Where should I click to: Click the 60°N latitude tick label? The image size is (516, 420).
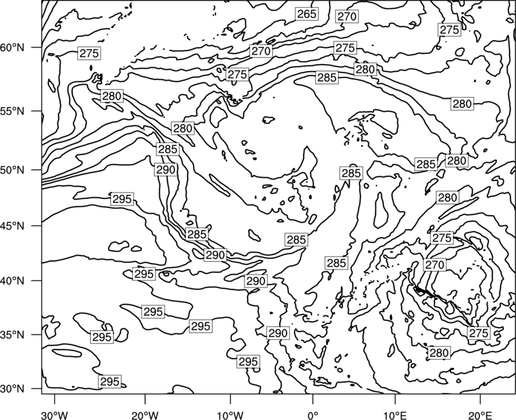click(x=12, y=48)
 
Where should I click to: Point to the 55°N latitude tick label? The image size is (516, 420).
click(x=12, y=111)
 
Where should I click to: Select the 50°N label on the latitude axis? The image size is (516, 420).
click(x=12, y=170)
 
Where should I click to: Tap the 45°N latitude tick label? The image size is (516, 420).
click(x=12, y=226)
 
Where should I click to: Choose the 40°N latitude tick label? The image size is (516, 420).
click(x=12, y=281)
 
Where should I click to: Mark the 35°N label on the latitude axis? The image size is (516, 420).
click(x=12, y=335)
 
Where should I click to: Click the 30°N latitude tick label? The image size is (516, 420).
click(x=12, y=389)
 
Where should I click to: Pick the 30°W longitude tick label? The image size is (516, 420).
click(x=55, y=415)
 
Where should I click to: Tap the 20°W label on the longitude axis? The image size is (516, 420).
click(x=144, y=415)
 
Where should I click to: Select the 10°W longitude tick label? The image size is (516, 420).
click(x=230, y=415)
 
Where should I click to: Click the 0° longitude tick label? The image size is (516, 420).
click(x=313, y=415)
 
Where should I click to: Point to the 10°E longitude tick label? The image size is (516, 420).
click(x=395, y=415)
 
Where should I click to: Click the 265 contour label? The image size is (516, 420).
click(x=307, y=14)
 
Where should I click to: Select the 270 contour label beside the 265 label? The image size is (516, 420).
click(x=347, y=16)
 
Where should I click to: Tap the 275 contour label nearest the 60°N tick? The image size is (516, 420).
click(x=89, y=53)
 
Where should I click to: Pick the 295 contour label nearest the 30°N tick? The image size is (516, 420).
click(x=110, y=381)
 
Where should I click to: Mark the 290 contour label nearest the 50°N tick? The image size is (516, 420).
click(x=166, y=170)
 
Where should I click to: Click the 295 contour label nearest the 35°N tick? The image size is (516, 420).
click(x=102, y=337)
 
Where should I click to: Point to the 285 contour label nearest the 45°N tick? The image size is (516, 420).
click(x=197, y=235)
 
